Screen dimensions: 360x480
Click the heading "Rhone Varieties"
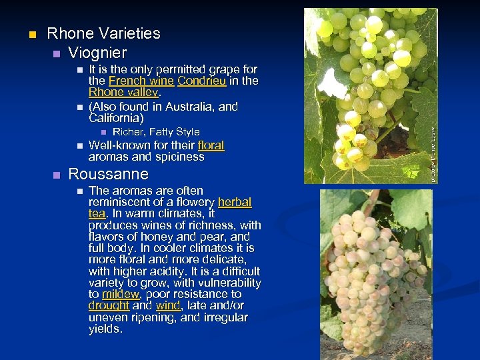pos(104,33)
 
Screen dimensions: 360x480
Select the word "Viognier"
pos(97,52)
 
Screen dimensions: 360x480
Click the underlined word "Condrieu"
pos(202,81)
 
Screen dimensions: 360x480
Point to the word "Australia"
pos(193,107)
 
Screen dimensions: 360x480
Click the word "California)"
pos(116,118)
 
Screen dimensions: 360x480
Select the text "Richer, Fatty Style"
pos(156,132)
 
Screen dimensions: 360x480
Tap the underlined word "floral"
pos(211,145)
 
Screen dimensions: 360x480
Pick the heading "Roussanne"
pos(108,175)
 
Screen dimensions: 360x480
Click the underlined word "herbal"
pos(234,203)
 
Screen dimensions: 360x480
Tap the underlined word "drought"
pos(109,305)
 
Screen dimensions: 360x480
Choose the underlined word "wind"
pos(168,305)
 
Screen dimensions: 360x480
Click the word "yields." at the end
pos(106,329)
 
